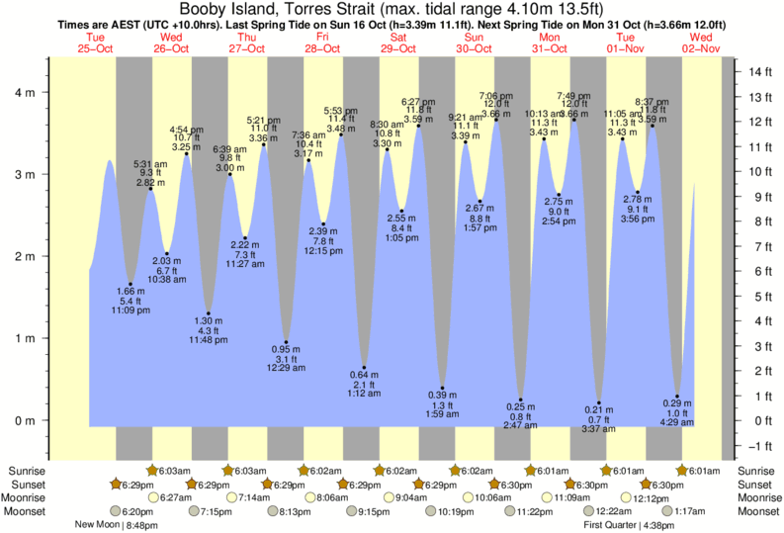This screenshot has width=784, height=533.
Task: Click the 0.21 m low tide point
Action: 599,402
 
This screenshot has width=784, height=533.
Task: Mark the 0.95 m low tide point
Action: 286,342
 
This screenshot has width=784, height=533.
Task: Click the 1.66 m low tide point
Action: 131,284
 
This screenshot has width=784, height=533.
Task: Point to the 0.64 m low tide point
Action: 364,368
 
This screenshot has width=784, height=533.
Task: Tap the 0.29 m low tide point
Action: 677,397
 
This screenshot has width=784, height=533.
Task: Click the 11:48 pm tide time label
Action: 208,341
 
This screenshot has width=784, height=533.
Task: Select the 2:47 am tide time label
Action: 520,425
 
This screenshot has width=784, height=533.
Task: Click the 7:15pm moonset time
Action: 215,511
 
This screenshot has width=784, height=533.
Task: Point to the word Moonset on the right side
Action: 755,511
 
